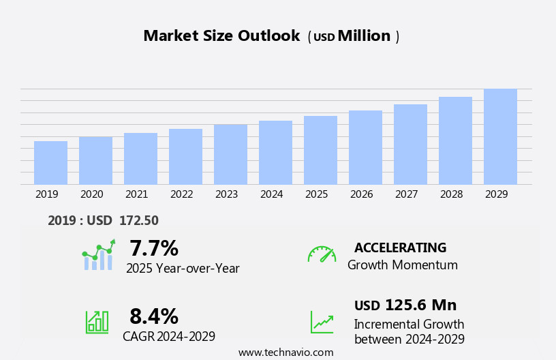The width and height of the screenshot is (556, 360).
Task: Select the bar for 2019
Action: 50,162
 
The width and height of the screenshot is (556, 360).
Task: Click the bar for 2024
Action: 275,152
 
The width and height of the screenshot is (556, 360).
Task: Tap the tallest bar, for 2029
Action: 500,136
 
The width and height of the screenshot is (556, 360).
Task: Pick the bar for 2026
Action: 365,147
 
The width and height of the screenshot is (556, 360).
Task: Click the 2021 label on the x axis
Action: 136,194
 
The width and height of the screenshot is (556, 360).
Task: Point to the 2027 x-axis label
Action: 406,194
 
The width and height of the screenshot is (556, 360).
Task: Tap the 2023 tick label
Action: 226,194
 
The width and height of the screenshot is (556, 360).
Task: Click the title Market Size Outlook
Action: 221,36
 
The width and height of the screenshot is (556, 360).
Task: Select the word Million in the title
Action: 364,36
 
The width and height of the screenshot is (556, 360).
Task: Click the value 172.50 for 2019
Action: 138,221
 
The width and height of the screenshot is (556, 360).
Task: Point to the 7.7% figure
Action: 154,248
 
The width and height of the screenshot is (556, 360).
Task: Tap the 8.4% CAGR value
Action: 154,316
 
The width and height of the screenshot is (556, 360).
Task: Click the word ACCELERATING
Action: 400,248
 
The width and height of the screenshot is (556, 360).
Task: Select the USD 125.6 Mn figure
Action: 405,305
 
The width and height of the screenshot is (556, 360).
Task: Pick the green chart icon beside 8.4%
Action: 97,322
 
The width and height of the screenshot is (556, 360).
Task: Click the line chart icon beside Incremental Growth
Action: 322,322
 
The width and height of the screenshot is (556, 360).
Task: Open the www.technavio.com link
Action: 285,352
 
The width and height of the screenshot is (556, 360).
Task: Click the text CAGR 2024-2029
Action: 169,337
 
